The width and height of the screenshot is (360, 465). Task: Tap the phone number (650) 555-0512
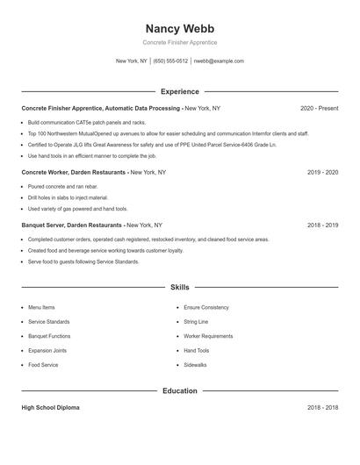pyautogui.click(x=170, y=61)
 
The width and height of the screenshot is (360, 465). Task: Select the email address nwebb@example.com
pyautogui.click(x=219, y=61)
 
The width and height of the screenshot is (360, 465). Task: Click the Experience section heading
pyautogui.click(x=179, y=91)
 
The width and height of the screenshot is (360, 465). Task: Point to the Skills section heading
pyautogui.click(x=179, y=287)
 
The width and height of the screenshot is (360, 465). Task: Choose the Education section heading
pyautogui.click(x=179, y=390)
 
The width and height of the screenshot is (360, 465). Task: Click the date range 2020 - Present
pyautogui.click(x=319, y=108)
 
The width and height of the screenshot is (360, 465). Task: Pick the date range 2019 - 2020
pyautogui.click(x=322, y=173)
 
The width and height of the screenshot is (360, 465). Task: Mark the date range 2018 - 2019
pyautogui.click(x=322, y=225)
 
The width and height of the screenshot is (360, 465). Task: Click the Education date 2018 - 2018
pyautogui.click(x=322, y=408)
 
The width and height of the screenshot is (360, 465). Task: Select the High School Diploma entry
pyautogui.click(x=51, y=408)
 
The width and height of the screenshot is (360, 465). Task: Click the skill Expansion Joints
pyautogui.click(x=47, y=350)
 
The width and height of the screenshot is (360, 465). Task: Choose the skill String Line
pyautogui.click(x=196, y=322)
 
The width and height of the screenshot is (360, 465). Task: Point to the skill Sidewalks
pyautogui.click(x=195, y=364)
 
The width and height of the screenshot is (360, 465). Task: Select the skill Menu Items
pyautogui.click(x=41, y=308)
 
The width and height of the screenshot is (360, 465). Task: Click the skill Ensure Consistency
pyautogui.click(x=205, y=308)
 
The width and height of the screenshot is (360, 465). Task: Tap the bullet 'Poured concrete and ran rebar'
pyautogui.click(x=62, y=187)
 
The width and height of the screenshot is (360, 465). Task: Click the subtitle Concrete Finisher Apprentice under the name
pyautogui.click(x=179, y=42)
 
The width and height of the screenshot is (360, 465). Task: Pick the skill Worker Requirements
pyautogui.click(x=208, y=336)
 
